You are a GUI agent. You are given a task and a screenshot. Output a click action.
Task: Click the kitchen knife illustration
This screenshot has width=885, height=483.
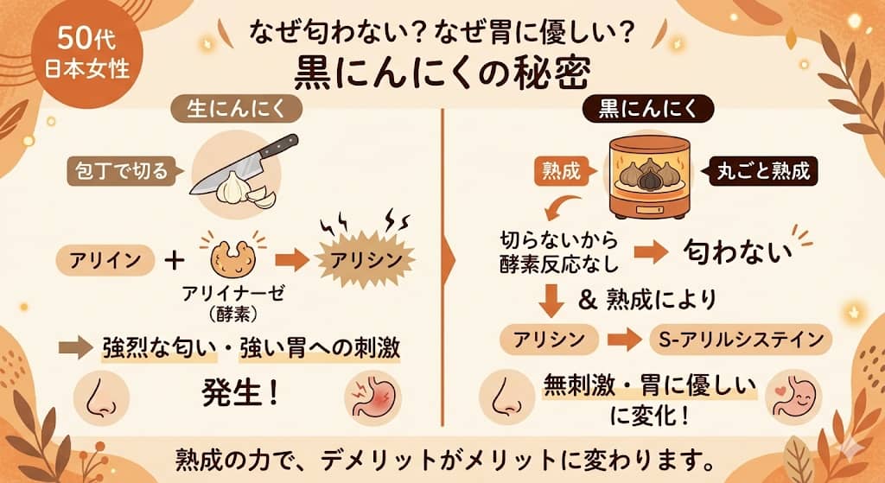243,164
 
